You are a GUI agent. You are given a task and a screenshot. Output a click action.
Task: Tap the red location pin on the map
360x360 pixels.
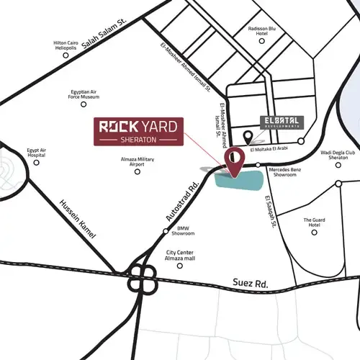point(235,161)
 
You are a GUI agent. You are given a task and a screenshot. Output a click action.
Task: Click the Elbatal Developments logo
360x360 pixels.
point(282,121)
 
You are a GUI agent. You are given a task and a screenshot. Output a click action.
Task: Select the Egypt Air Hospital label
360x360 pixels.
point(37,152)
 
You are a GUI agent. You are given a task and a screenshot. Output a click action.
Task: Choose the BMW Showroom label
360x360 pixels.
point(184,231)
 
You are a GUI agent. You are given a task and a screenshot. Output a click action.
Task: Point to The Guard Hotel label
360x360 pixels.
point(315,222)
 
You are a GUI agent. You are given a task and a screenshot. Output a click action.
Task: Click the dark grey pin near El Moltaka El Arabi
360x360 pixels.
point(247,137)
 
